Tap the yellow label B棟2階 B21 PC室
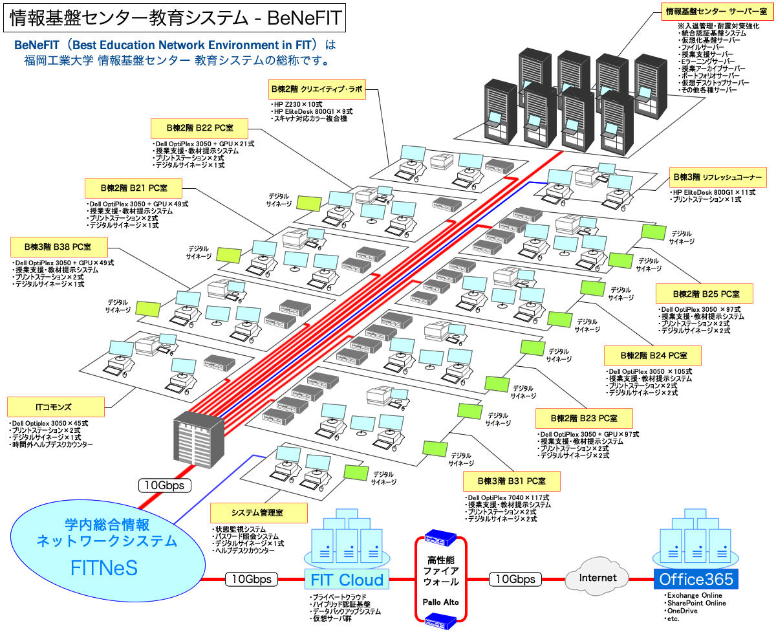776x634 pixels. pos(133,188)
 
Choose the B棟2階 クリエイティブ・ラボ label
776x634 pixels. pos(318,89)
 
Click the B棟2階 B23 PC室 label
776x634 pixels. pos(584,417)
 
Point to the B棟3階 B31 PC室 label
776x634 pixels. pos(511,481)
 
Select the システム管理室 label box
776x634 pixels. pos(259,513)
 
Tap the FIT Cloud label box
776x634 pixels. pos(347,580)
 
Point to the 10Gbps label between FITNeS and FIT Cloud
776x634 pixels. pos(252,579)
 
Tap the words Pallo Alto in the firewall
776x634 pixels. pos(440,602)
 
